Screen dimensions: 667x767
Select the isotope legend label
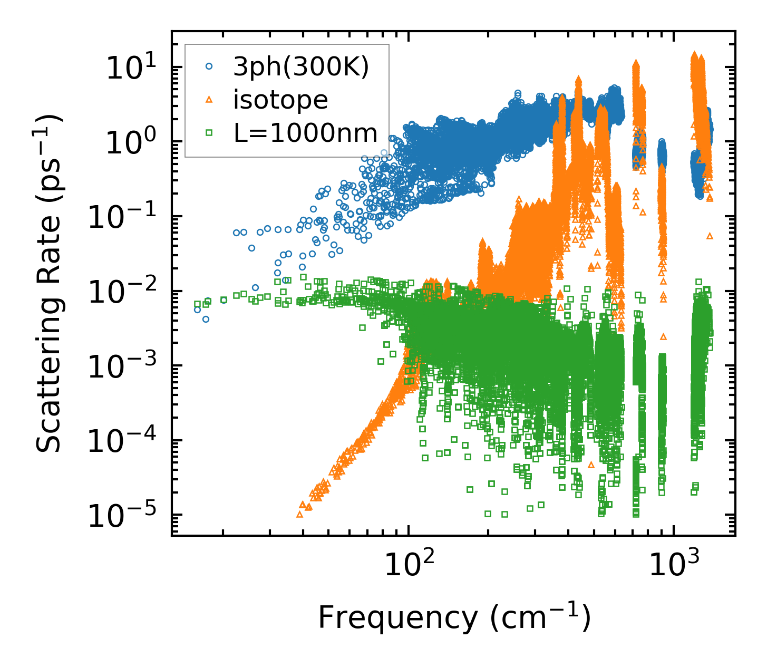pyautogui.click(x=280, y=100)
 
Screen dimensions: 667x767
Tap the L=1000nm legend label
pyautogui.click(x=305, y=133)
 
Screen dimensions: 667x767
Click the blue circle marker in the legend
pyautogui.click(x=209, y=66)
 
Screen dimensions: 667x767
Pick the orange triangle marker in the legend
pyautogui.click(x=209, y=99)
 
